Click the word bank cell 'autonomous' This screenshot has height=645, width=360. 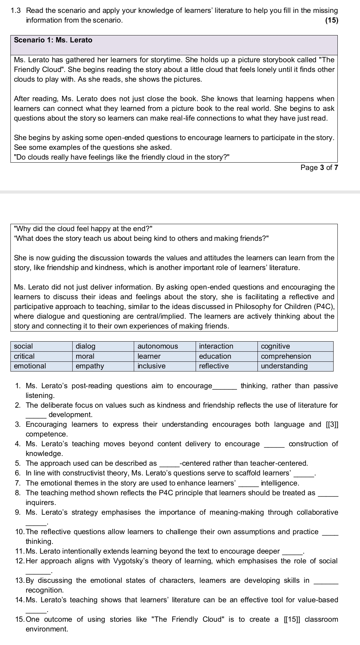pos(158,346)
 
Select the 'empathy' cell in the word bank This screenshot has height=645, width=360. pos(90,366)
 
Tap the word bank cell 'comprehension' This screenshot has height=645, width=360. pos(286,356)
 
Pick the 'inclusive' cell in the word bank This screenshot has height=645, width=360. pos(152,366)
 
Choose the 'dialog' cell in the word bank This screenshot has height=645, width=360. pos(85,346)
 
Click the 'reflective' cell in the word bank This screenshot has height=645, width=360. pos(214,366)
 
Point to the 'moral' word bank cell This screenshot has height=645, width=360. pos(85,356)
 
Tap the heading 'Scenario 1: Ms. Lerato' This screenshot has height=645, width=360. pos(53,40)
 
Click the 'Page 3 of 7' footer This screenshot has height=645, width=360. pos(319,168)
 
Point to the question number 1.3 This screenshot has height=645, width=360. pos(16,10)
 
